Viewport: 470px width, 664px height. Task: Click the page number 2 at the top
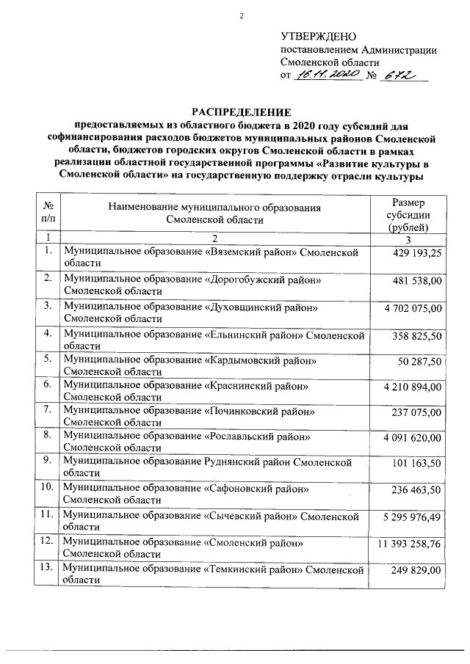click(x=240, y=16)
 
